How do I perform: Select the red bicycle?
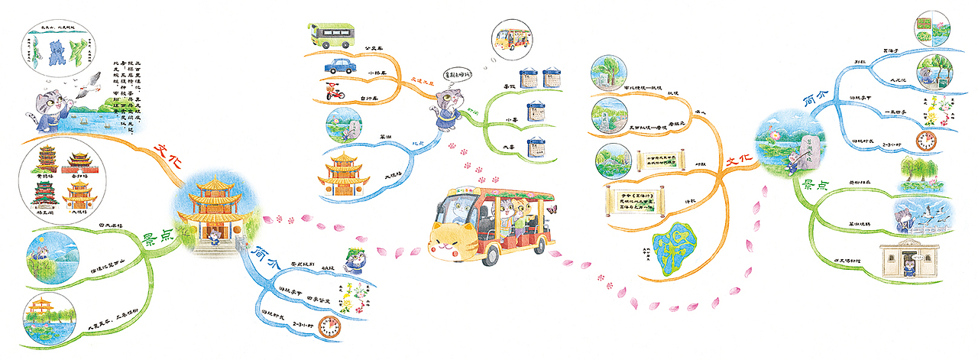(334, 92)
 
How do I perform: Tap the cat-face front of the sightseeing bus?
(453, 238)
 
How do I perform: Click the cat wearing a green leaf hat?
(354, 257)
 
